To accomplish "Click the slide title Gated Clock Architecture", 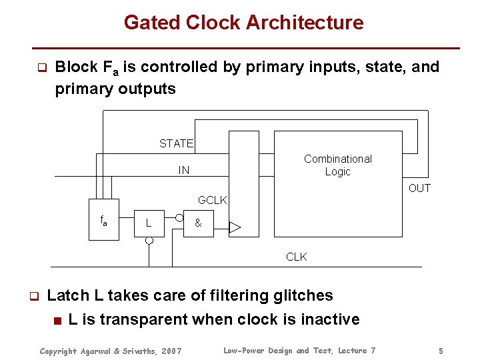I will click(243, 23).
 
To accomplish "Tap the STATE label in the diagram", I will click(176, 143).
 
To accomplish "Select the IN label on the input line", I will click(183, 171).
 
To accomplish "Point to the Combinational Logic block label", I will click(338, 165).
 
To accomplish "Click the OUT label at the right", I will click(419, 188).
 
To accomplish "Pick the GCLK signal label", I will click(213, 200).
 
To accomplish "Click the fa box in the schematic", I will click(105, 217).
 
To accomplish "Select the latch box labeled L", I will click(150, 223).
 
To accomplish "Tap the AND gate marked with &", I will click(199, 223).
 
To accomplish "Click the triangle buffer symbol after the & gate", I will click(235, 228).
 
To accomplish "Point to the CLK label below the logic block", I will click(297, 257).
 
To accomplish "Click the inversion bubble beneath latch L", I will click(149, 241).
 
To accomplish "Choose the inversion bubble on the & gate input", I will click(179, 217).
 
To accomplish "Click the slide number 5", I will click(441, 351).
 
